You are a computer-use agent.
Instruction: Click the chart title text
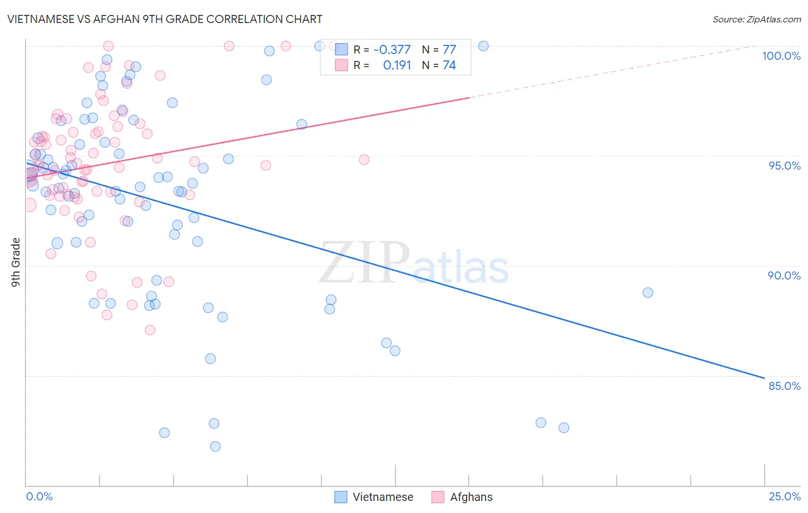(165, 19)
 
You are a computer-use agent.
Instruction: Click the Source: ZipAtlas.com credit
(756, 20)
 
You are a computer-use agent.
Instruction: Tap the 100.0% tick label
(781, 56)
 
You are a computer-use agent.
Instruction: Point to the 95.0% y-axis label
(784, 166)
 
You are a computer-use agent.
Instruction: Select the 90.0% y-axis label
(784, 275)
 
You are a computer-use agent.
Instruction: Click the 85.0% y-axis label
(784, 386)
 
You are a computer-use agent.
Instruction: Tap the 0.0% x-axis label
(39, 496)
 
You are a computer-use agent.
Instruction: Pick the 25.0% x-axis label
(784, 496)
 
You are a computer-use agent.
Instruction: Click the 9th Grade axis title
(16, 262)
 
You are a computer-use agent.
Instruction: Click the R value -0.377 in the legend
(392, 50)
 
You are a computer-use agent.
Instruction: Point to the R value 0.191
(397, 66)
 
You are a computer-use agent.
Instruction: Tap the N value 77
(449, 50)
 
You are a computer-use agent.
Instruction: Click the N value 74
(449, 66)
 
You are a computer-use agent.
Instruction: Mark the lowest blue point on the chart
(216, 446)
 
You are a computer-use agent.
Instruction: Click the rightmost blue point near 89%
(648, 293)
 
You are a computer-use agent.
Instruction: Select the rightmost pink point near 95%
(364, 159)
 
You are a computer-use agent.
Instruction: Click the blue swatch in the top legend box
(341, 49)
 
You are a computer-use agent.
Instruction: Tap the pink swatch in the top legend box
(341, 65)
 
